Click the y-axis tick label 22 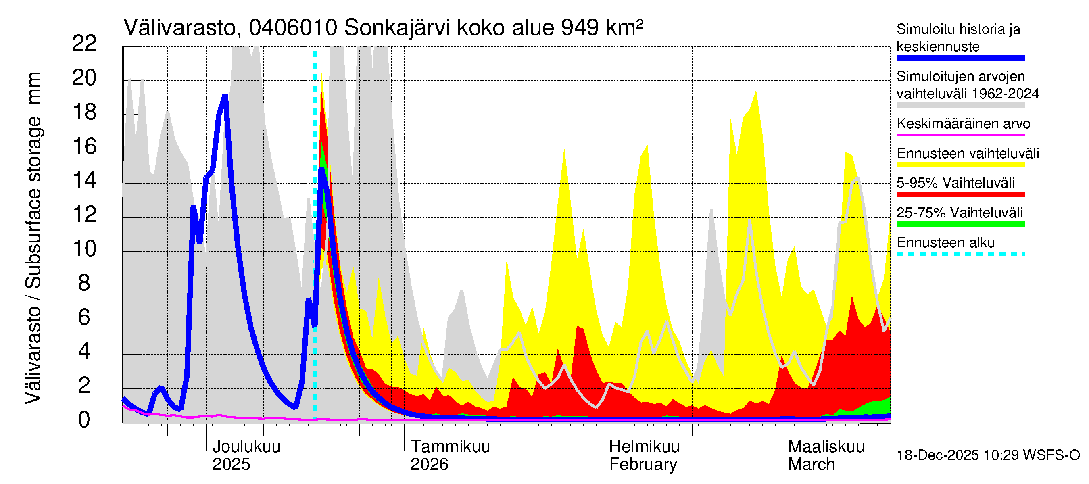(84, 44)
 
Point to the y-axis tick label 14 (84, 181)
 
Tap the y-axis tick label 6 (84, 317)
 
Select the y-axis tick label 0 (84, 420)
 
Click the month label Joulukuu (246, 446)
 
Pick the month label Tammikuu (450, 446)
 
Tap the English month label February (643, 465)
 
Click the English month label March (812, 465)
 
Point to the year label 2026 (429, 465)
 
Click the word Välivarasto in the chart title (179, 28)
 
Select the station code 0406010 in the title (293, 28)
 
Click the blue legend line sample (960, 58)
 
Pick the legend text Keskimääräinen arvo (964, 124)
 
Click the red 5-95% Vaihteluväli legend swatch (960, 194)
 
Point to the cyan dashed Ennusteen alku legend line (960, 254)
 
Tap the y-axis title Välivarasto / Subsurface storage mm (34, 238)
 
